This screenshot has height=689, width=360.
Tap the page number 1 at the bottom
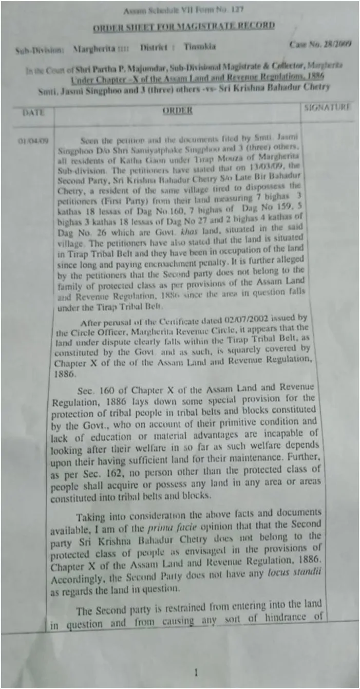click(195, 673)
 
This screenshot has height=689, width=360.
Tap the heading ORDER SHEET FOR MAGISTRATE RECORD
click(183, 26)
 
